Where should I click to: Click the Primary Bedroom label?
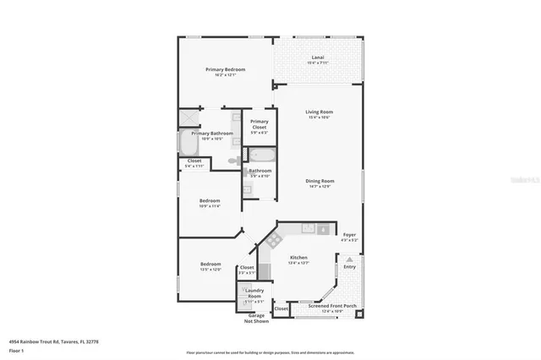coord(224,69)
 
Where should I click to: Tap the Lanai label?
coord(317,58)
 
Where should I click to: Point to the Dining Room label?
coord(320,181)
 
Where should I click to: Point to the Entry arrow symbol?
coord(349,259)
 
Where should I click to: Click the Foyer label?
coord(349,235)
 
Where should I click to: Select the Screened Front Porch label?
coord(319,308)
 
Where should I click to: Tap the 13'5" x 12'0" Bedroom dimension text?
coord(210,270)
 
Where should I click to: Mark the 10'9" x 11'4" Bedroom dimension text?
coord(209,205)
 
